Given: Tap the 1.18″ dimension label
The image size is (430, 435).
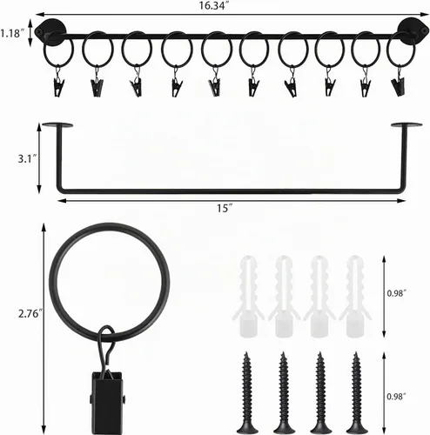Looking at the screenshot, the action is coord(11,33).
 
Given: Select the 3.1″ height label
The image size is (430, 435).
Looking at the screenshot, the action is coord(27,159).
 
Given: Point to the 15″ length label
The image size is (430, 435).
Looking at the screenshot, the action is coord(225,208).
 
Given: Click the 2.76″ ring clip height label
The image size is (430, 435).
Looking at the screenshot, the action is coord(30,313).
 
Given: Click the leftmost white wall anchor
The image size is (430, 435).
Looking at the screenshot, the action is coord(248,297).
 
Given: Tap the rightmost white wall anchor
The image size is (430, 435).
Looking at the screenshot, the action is coord(355,297).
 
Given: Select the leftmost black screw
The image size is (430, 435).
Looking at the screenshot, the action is coord(247,393).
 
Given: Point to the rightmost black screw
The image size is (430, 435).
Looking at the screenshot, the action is coord(356,393).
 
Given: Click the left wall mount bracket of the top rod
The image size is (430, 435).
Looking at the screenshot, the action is coord(50,31).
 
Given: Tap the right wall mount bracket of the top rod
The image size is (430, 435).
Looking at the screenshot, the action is coord(413,30).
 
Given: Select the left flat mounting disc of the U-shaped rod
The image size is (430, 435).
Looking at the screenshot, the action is coord(57,125).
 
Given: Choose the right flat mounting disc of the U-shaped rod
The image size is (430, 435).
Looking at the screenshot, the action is coord(406,125).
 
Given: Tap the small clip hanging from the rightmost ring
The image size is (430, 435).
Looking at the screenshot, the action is coord(399,86).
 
